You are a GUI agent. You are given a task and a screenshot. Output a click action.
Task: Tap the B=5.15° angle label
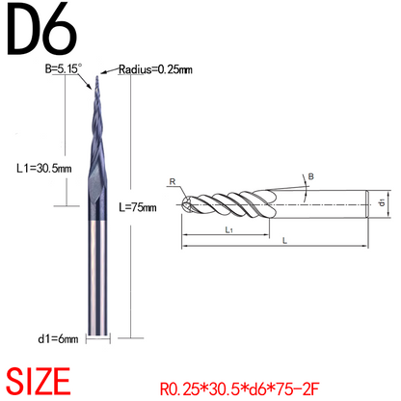tap(64, 68)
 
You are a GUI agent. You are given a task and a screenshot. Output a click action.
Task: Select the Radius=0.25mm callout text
tap(155, 69)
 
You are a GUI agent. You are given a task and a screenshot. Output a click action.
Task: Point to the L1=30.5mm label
tap(44, 168)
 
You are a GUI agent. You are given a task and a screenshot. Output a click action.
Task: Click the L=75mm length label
tap(138, 207)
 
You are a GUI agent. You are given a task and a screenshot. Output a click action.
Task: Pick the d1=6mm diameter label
tap(58, 338)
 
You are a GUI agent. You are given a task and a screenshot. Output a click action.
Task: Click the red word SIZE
tap(39, 382)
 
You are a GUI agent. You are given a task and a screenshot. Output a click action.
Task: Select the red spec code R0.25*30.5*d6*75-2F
tap(239, 388)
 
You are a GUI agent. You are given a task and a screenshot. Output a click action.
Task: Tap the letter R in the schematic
tap(173, 182)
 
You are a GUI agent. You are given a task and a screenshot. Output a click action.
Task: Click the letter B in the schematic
tap(310, 176)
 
